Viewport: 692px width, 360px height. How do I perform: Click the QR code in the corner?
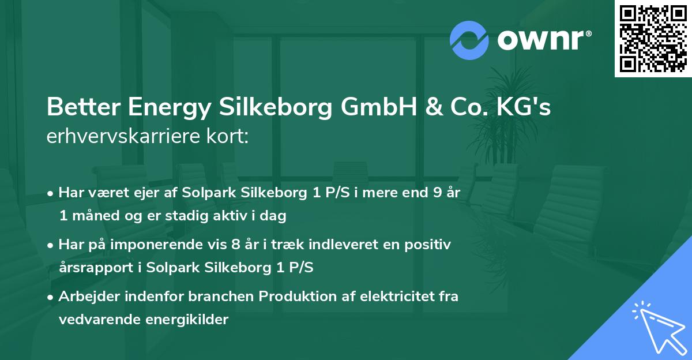[x=652, y=39]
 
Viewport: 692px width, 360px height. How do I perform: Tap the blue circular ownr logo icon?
[x=469, y=40]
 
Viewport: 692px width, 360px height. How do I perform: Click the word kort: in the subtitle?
[x=227, y=137]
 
